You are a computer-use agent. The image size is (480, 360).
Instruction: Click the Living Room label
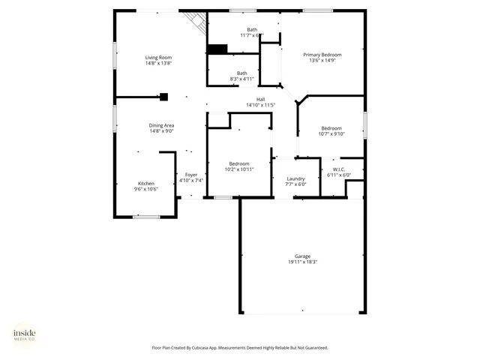click(x=159, y=58)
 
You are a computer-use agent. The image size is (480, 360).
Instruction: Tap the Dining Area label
click(x=161, y=125)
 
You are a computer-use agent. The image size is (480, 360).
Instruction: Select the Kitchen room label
click(x=145, y=183)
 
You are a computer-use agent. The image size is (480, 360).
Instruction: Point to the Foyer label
click(x=191, y=175)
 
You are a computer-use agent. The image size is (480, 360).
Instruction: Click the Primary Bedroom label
click(x=322, y=55)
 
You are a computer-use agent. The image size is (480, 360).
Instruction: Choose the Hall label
click(x=261, y=99)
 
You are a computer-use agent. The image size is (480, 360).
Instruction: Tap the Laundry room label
click(x=295, y=178)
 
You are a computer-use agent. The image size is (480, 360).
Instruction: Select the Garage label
click(x=302, y=256)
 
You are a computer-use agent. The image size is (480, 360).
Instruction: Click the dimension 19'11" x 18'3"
click(x=302, y=262)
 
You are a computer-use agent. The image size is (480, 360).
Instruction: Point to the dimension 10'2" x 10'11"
click(x=239, y=169)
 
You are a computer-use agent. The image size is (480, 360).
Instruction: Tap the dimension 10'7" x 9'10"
click(x=331, y=134)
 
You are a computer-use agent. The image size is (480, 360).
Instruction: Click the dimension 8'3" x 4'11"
click(x=241, y=78)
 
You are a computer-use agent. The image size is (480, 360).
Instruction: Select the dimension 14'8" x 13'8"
click(x=159, y=64)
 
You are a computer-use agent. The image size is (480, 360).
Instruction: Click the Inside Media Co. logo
click(x=25, y=334)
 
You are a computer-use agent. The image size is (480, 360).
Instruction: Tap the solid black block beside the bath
click(x=217, y=49)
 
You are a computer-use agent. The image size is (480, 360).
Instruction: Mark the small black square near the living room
click(x=163, y=96)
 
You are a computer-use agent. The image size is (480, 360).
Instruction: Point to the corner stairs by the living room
click(x=197, y=21)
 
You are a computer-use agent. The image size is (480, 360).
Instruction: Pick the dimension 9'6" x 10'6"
click(x=145, y=189)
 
